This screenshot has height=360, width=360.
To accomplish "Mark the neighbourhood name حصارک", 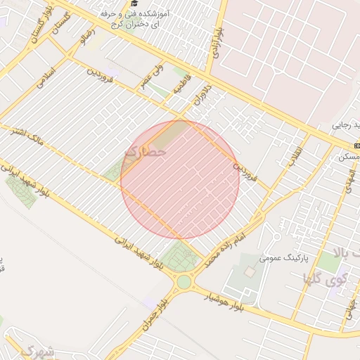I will pyautogui.click(x=146, y=150).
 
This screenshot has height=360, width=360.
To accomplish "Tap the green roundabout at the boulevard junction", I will pyautogui.click(x=184, y=282).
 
